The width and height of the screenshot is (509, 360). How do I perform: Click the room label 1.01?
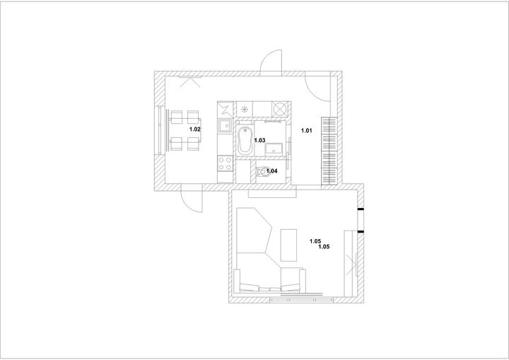coord(306,131)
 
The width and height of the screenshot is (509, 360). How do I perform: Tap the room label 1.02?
coord(195,129)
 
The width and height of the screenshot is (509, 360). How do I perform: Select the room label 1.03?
coord(259,140)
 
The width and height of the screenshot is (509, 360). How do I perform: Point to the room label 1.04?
coord(271,171)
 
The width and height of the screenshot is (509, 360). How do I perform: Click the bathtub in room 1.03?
coord(245,140)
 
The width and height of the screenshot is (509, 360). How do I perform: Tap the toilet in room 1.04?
coord(262,171)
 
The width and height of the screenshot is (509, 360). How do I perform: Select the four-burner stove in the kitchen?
coord(225,163)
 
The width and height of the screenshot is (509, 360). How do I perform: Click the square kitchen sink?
coord(225,126)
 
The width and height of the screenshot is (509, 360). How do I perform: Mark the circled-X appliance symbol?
coord(279,108)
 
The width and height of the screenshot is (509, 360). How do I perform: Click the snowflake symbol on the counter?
coord(245,109)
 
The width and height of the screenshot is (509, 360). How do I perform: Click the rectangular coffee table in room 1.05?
coord(288,245)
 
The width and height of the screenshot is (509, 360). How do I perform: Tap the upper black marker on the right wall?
coord(361,210)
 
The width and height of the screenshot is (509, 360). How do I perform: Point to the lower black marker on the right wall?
coord(361,232)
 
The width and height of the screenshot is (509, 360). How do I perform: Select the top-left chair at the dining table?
coord(177,117)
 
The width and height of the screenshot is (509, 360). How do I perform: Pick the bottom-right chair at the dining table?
coord(193,144)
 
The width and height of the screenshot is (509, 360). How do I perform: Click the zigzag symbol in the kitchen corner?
coord(226,110)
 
